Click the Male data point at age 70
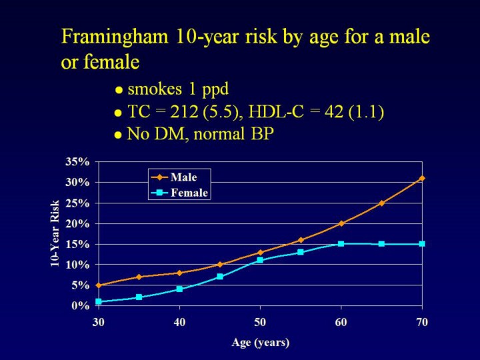pyautogui.click(x=422, y=178)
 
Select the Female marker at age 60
pyautogui.click(x=341, y=244)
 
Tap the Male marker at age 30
pyautogui.click(x=98, y=285)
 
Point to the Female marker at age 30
pyautogui.click(x=98, y=301)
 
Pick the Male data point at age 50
pyautogui.click(x=260, y=253)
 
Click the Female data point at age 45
pyautogui.click(x=219, y=277)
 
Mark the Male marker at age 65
pyautogui.click(x=381, y=203)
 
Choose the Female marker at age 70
pyautogui.click(x=422, y=244)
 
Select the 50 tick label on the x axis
pyautogui.click(x=260, y=322)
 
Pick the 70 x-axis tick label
pyautogui.click(x=422, y=322)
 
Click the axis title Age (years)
pyautogui.click(x=260, y=343)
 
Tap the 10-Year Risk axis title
pyautogui.click(x=57, y=233)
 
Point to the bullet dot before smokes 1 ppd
pyautogui.click(x=118, y=90)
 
